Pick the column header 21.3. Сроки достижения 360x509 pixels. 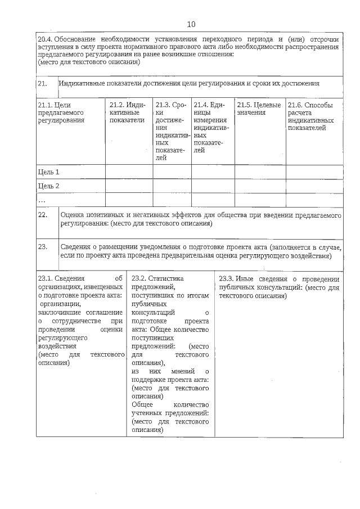tap(171, 131)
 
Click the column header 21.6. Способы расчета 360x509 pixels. tap(310, 116)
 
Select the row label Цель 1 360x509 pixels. tap(48, 172)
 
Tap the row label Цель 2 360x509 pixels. tap(48, 186)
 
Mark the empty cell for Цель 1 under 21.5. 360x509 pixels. tap(259, 172)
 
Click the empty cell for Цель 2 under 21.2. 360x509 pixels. tap(128, 186)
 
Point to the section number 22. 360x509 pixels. tap(42, 215)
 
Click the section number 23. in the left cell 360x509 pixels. tap(42, 246)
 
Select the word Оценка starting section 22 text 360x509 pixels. tap(72, 215)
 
